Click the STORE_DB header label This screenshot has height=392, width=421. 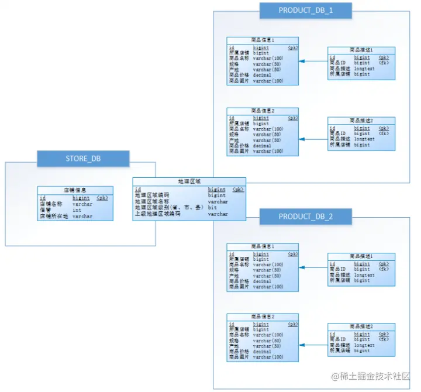coord(82,158)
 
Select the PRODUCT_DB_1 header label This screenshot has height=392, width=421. coord(306,10)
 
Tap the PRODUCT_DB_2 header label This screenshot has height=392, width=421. coord(306,216)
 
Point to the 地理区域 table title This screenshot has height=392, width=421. coord(189,181)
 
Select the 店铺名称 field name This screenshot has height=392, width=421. coord(51,204)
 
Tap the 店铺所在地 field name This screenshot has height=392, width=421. coord(54,216)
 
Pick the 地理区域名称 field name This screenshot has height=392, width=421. coord(152,201)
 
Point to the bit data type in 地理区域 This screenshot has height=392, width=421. coord(212,208)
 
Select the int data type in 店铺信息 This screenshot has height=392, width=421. coord(77,210)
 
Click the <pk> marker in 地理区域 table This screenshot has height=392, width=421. coord(237,190)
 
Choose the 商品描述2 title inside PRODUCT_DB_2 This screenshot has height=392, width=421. coord(361,326)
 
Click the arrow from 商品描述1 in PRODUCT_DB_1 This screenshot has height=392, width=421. coord(313,61)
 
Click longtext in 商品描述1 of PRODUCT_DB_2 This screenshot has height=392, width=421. coord(364,275)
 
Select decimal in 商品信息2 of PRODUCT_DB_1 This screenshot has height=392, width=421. coord(262,146)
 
